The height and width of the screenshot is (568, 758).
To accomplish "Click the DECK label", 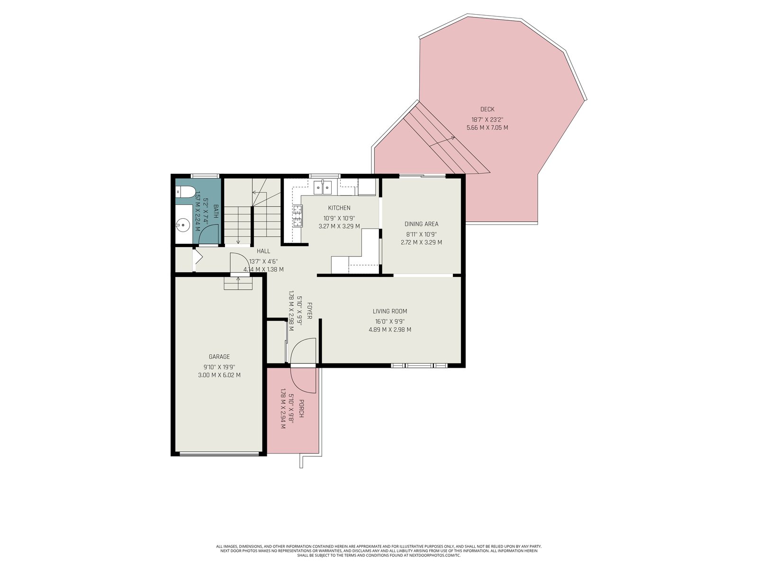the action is coord(487,109).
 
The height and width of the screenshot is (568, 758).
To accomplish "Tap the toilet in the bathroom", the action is coord(185,191).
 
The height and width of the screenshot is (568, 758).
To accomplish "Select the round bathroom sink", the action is coord(182,226).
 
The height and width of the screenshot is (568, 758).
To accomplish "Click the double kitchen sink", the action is coord(322,187).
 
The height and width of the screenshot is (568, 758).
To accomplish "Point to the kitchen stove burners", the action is coord(298,216).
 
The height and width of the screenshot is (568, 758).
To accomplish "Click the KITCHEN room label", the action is coord(339,208).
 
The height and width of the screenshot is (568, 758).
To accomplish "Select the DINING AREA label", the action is coord(421,224).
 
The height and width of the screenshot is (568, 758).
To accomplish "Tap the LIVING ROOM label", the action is coord(390,311).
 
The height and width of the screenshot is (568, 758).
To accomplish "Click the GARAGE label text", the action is coord(219,356).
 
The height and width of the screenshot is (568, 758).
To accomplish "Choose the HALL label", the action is coord(263,251).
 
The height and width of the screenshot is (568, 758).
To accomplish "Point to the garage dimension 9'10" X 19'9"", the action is coord(219,367).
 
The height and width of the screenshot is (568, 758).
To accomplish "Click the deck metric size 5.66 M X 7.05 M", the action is coord(487,128).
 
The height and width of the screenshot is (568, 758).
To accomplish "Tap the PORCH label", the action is coord(301,408).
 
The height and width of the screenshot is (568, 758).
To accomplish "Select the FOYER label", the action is coord(309,311).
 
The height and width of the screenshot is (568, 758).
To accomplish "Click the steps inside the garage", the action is coord(238,283).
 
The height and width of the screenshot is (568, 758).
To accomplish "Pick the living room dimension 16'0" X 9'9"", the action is coord(390,321).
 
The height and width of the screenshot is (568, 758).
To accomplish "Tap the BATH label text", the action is coord(216,211).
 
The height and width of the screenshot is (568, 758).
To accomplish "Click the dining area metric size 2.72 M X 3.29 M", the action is coord(421,242).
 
